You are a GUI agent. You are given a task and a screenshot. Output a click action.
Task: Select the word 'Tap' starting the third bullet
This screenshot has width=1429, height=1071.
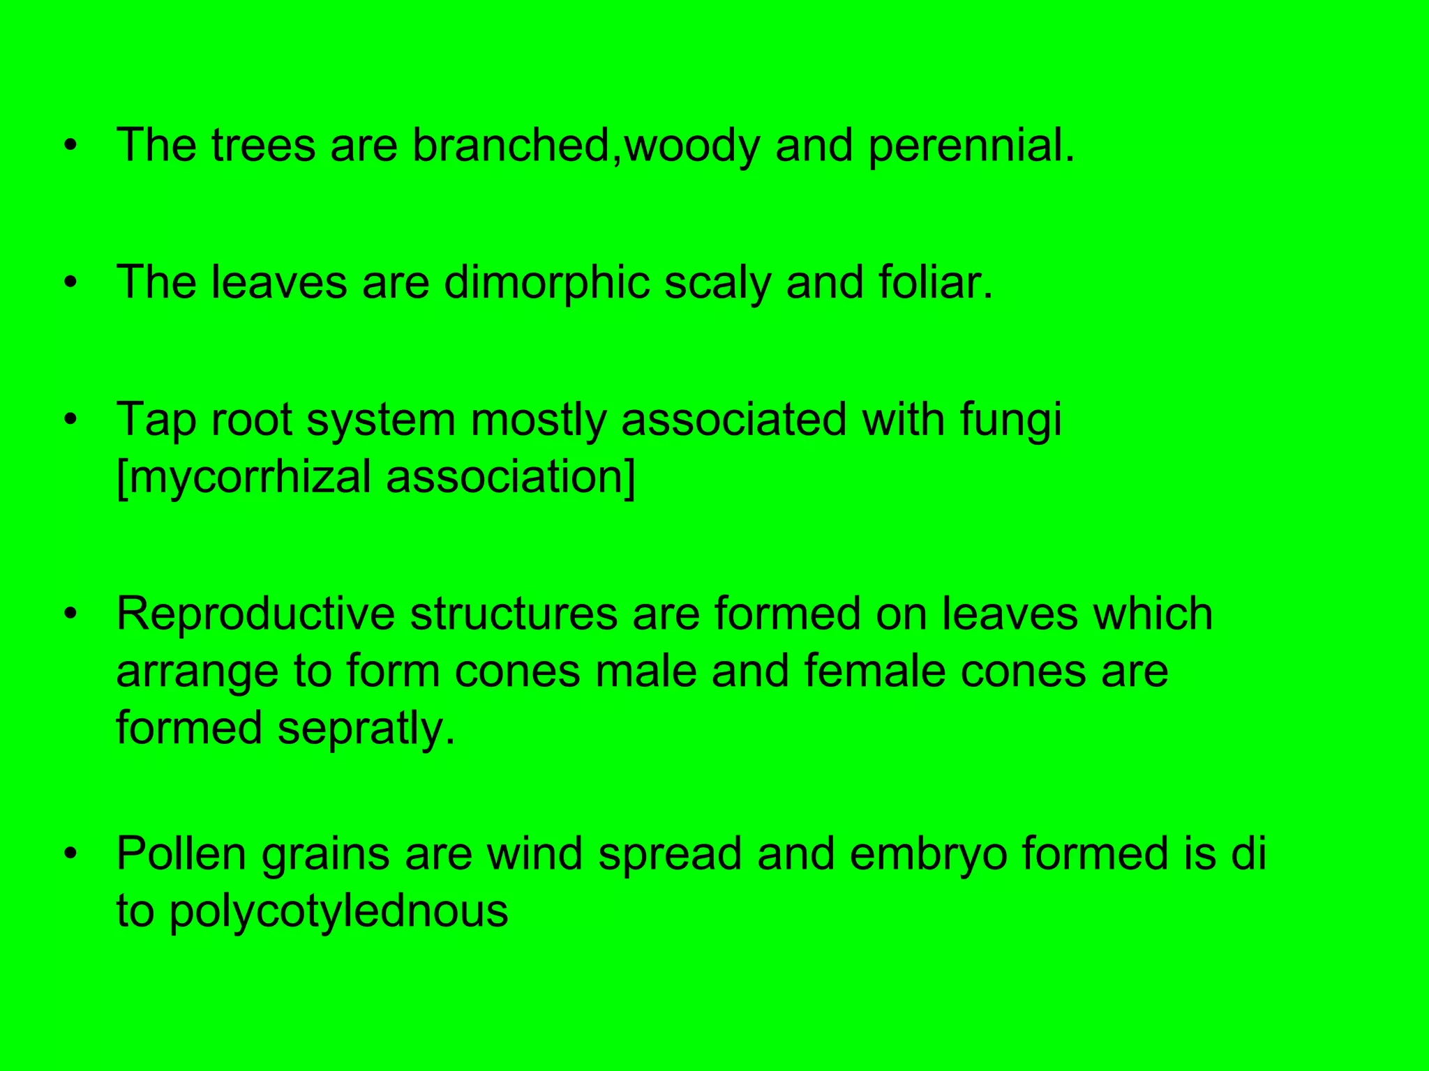pyautogui.click(x=156, y=420)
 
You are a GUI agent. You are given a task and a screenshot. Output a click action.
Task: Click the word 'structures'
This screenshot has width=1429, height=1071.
pyautogui.click(x=514, y=614)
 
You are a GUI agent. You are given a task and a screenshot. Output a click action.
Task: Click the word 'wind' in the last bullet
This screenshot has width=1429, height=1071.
pyautogui.click(x=534, y=853)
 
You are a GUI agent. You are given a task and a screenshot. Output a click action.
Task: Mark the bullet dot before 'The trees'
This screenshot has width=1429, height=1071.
pyautogui.click(x=69, y=146)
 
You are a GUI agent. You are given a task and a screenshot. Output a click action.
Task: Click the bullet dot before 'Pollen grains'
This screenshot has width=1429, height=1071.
pyautogui.click(x=69, y=855)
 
